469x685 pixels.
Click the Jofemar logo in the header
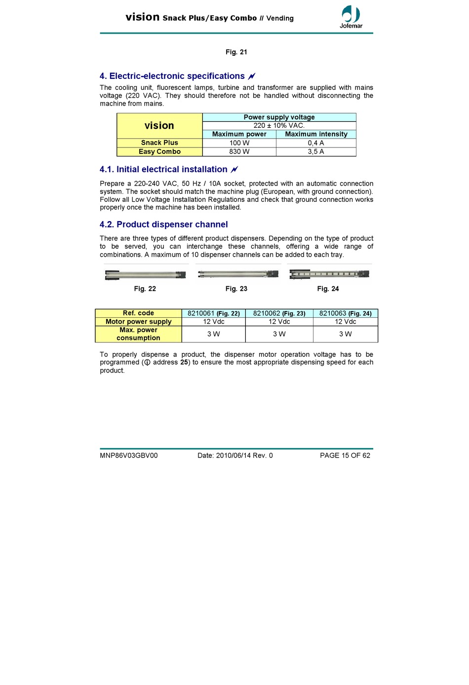point(351,17)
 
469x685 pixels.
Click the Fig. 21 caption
point(236,52)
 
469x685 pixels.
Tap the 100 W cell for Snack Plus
point(239,143)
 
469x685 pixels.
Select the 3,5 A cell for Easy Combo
point(315,152)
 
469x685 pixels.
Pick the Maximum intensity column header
point(316,134)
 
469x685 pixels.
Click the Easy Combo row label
point(159,152)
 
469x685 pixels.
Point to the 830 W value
point(239,152)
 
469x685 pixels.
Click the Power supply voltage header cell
point(279,117)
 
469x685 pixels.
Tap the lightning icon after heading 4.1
point(234,170)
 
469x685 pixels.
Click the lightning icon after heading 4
point(251,76)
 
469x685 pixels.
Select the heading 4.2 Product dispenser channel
point(163,225)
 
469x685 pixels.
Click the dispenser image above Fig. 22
point(146,275)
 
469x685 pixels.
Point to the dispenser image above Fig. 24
point(329,274)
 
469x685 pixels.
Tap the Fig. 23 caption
point(236,289)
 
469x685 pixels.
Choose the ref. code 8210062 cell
point(279,313)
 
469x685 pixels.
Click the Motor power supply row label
point(138,321)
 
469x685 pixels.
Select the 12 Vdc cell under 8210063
point(345,321)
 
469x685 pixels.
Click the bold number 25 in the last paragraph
point(184,362)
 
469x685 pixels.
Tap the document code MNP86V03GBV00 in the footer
point(128,456)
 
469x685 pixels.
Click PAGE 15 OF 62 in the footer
point(345,456)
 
